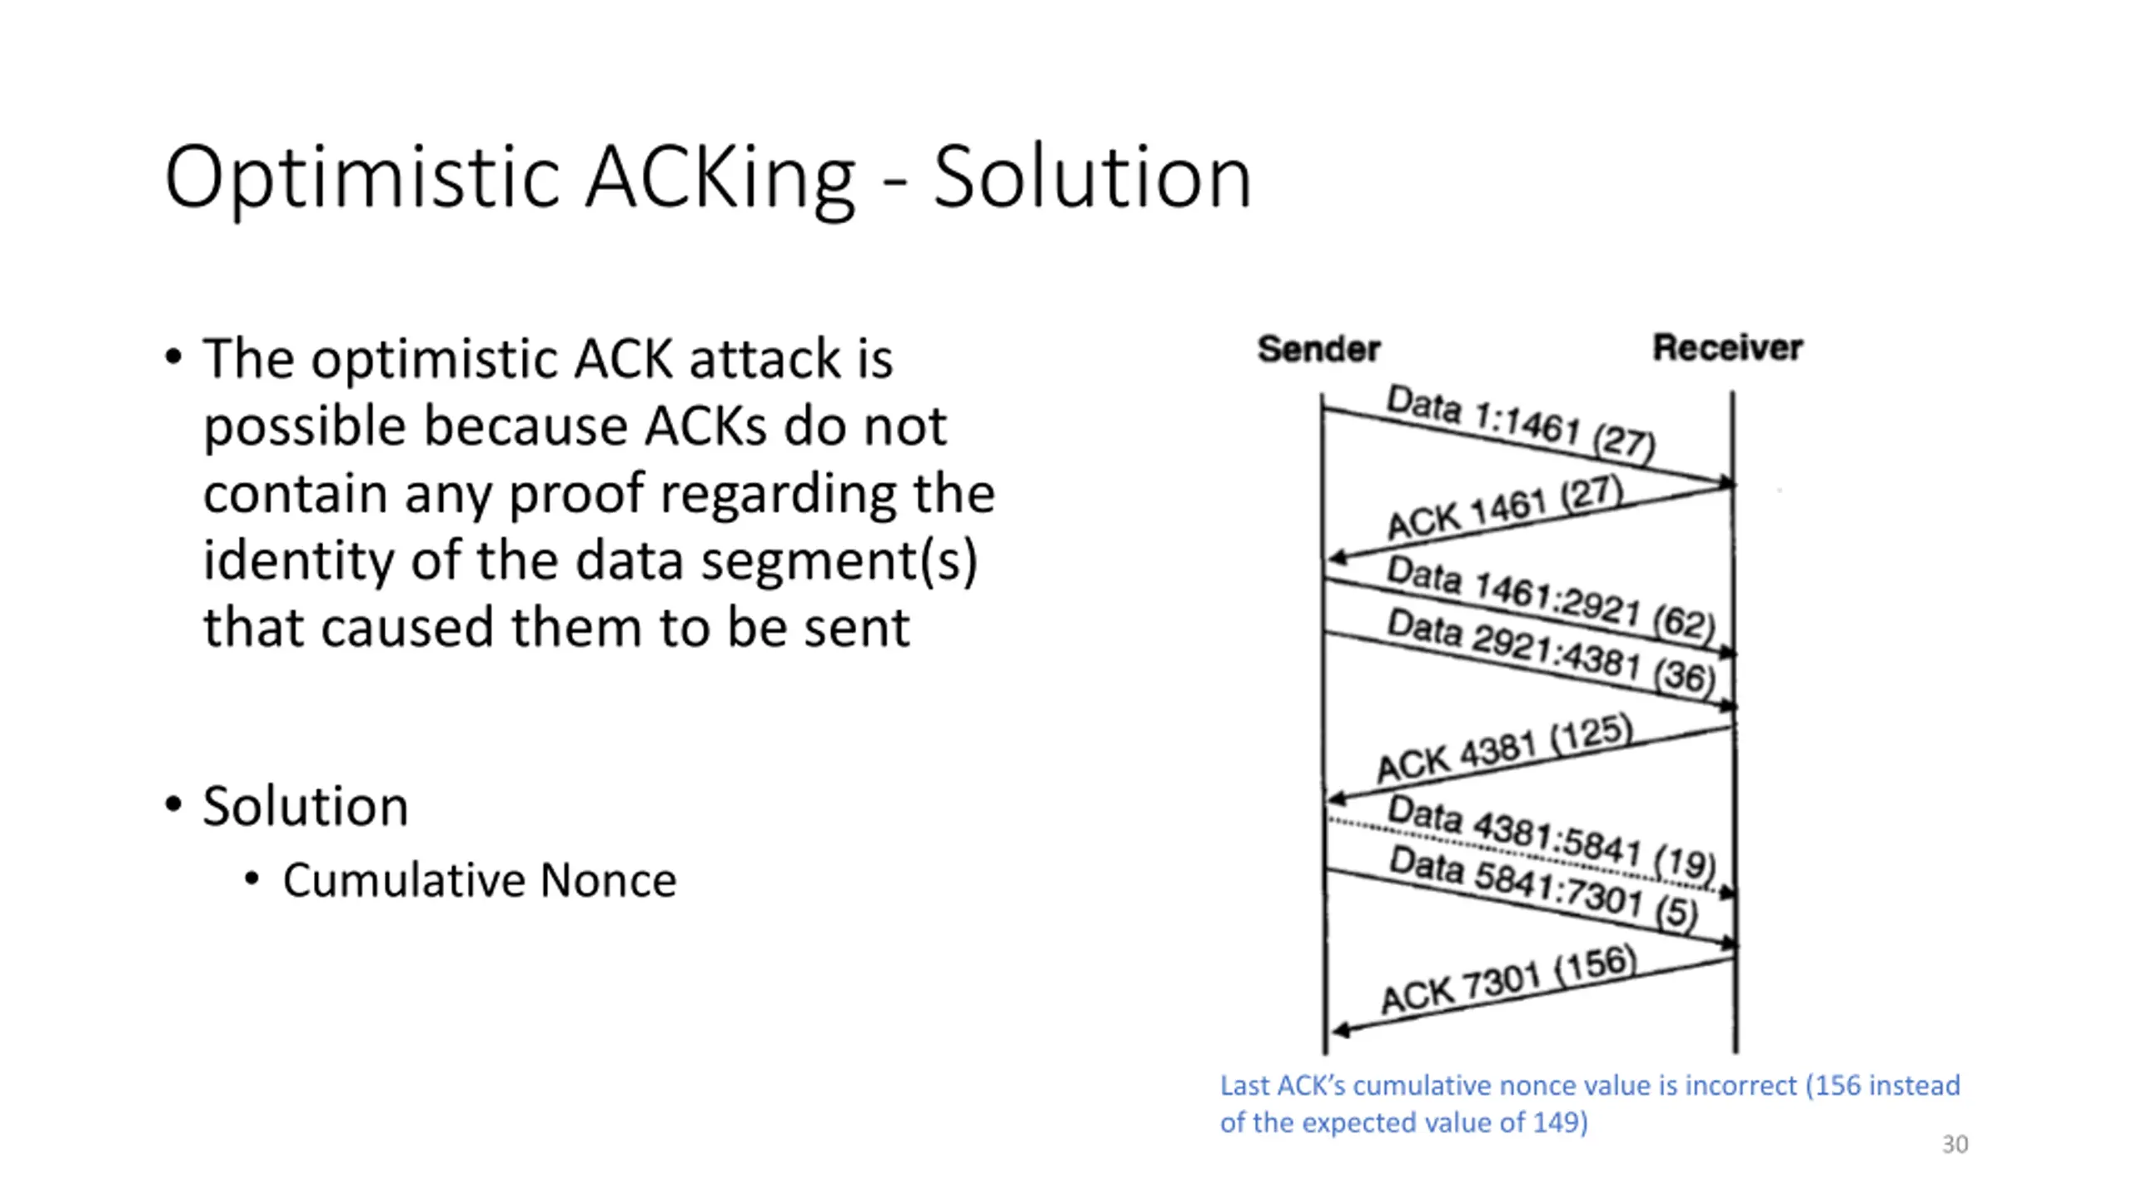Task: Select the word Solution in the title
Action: [1092, 177]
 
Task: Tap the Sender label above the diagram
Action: [1318, 349]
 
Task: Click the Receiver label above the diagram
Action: [1727, 348]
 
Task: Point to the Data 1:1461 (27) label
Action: [1520, 422]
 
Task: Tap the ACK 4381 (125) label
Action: [1504, 748]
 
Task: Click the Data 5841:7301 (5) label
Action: [1543, 888]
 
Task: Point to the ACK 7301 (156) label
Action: [1508, 980]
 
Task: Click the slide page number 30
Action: [1955, 1144]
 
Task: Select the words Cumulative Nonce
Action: [480, 881]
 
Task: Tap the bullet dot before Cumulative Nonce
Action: [252, 879]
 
